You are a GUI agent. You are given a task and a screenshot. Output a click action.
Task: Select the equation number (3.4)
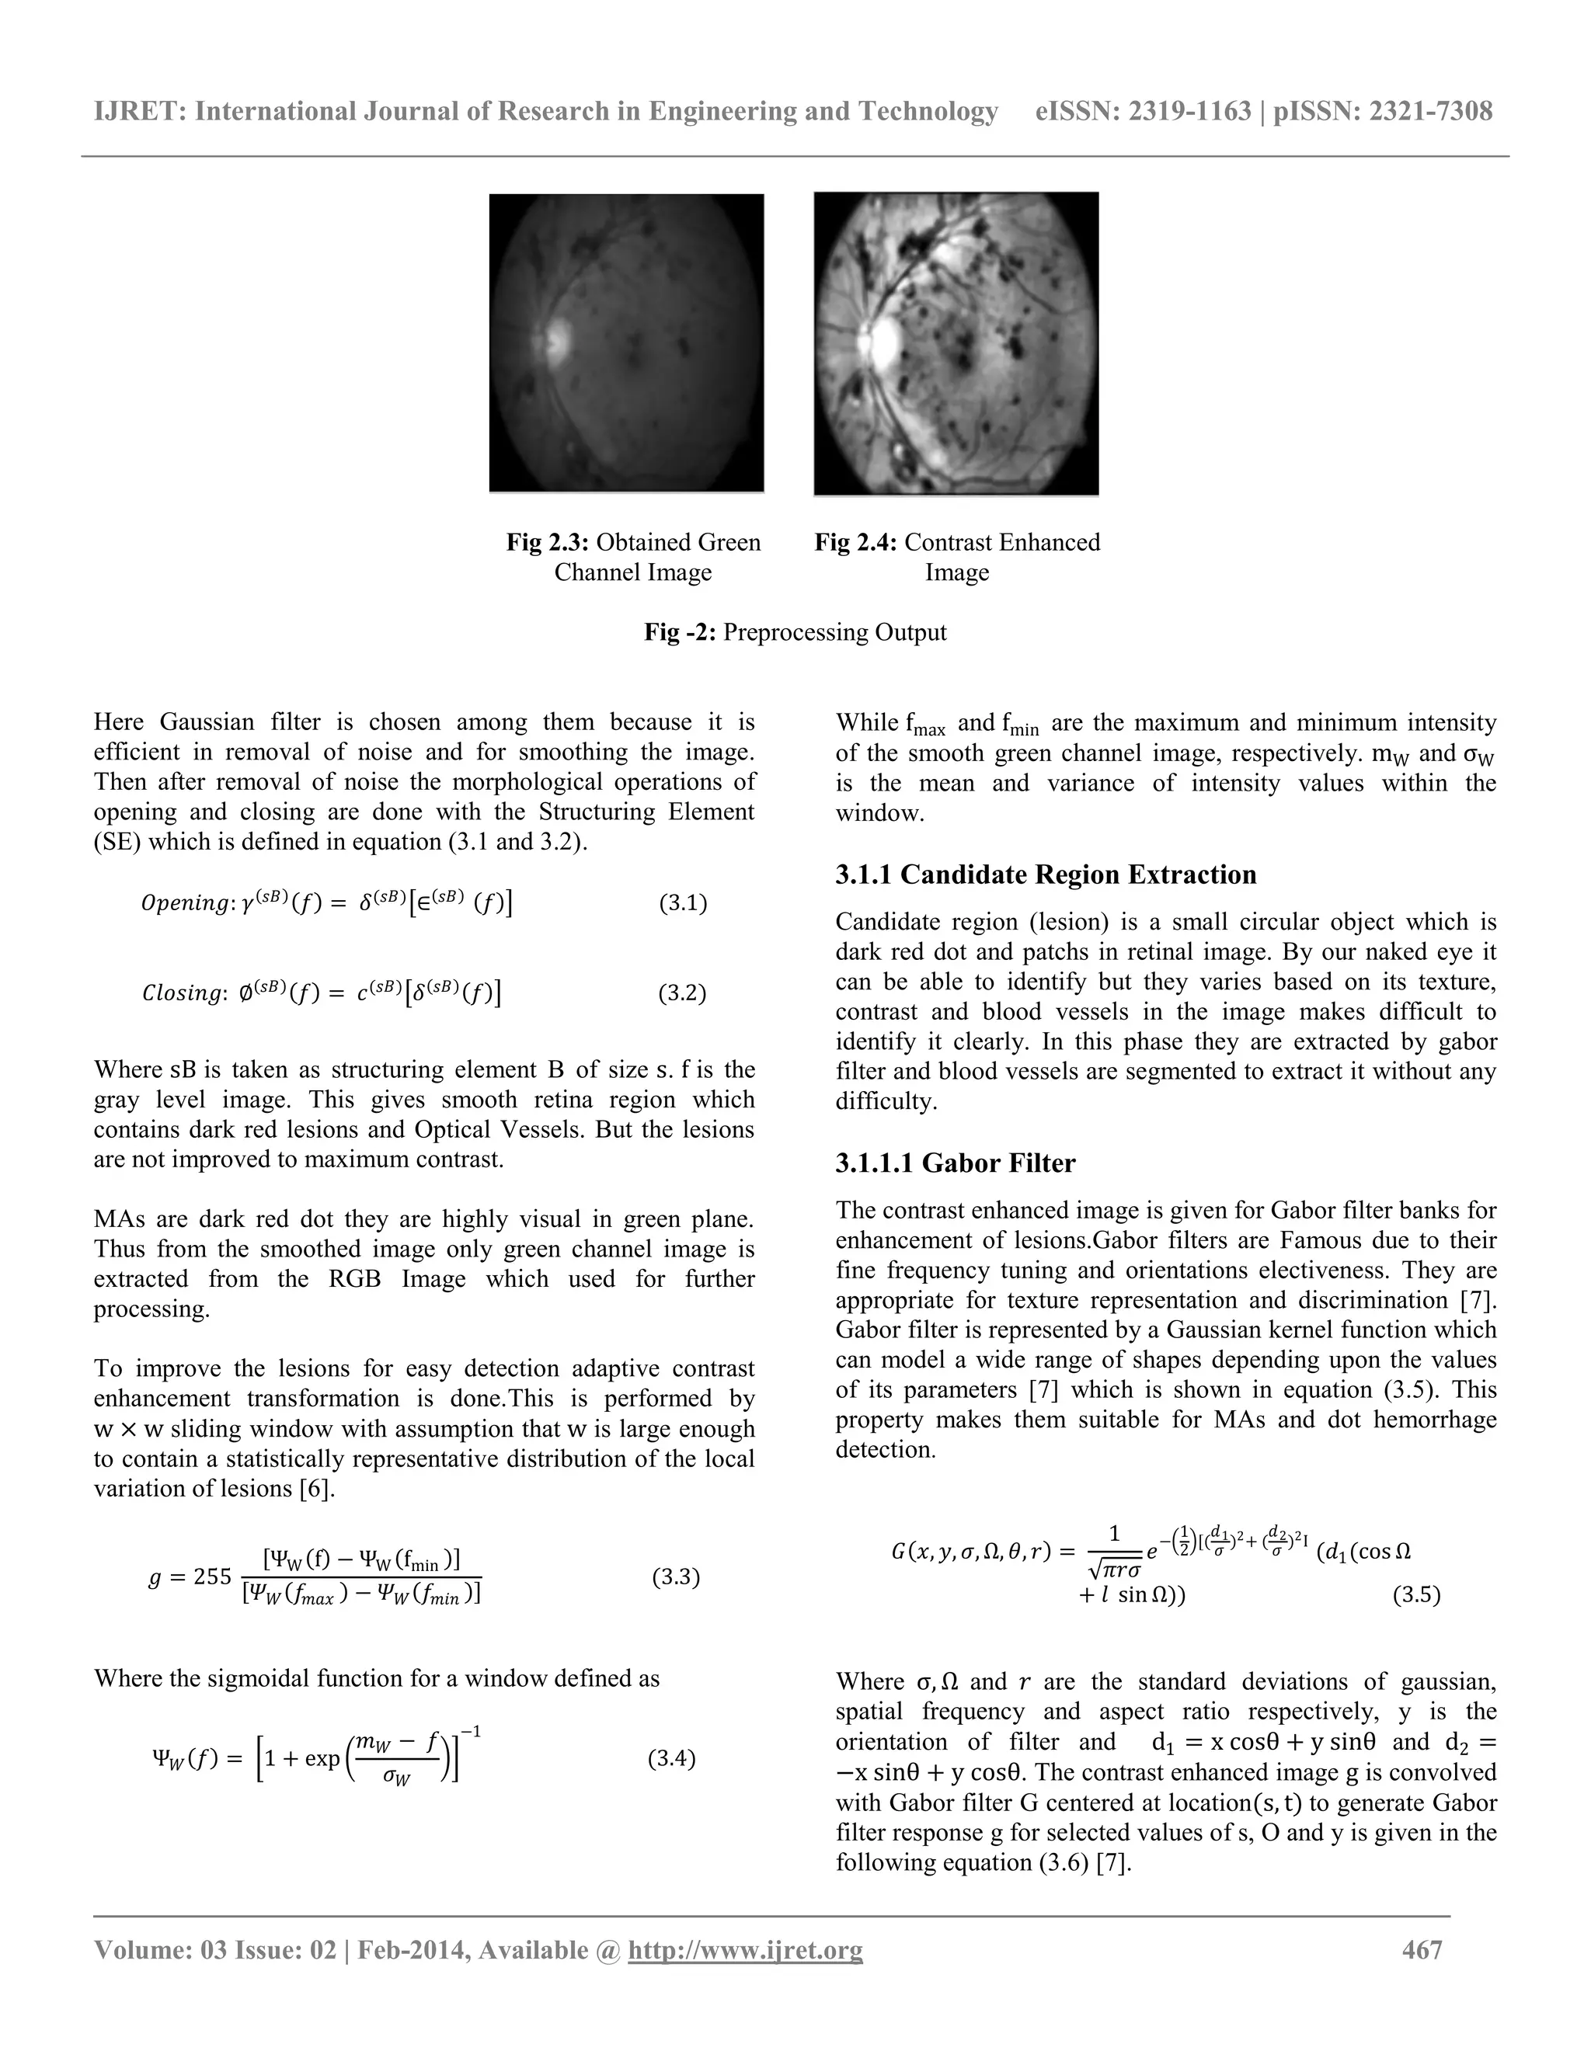point(671,1758)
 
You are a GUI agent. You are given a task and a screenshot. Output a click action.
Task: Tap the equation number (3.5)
point(1415,1595)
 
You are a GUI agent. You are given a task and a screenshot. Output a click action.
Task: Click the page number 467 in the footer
point(1422,1948)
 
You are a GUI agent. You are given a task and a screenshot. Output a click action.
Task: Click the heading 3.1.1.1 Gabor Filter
point(955,1163)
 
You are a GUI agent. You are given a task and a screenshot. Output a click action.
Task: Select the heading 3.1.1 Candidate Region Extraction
point(1046,874)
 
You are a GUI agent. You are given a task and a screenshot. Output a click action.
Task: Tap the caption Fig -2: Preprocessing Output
point(795,631)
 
